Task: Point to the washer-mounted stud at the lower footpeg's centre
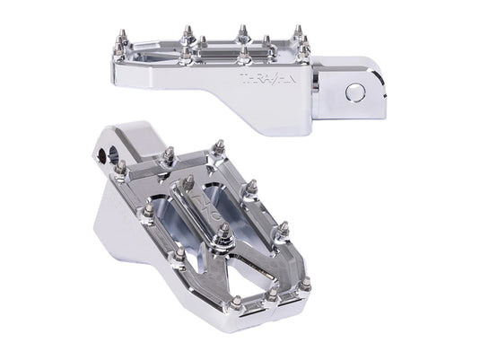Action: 223,236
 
